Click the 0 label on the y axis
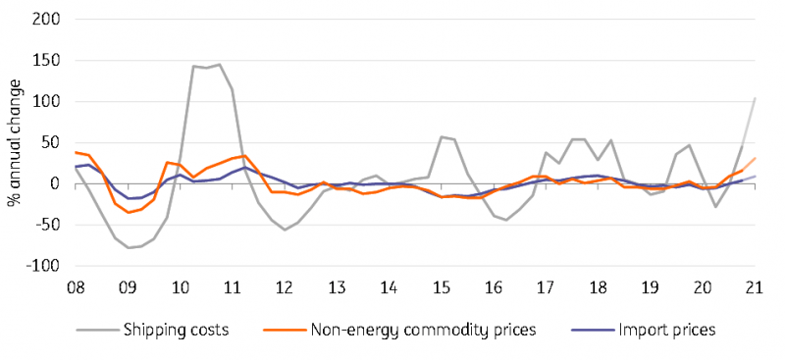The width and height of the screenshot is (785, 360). (x=55, y=184)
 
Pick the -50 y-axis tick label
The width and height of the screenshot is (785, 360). (x=47, y=226)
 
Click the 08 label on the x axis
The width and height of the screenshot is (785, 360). (x=76, y=288)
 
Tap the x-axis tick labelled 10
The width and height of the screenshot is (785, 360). (x=181, y=288)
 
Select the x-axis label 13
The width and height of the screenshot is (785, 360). (x=337, y=288)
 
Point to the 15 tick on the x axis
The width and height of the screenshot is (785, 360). (x=442, y=288)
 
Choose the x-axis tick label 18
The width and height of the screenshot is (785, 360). (x=599, y=288)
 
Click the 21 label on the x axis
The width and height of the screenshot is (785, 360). (x=755, y=288)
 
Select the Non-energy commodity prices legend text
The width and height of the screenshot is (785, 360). (x=424, y=329)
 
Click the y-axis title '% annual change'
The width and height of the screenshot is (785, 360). (x=15, y=142)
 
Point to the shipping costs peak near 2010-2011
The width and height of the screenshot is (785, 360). (x=219, y=65)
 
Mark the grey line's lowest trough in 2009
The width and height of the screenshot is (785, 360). (x=128, y=248)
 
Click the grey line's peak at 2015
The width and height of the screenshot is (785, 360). (x=442, y=137)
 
